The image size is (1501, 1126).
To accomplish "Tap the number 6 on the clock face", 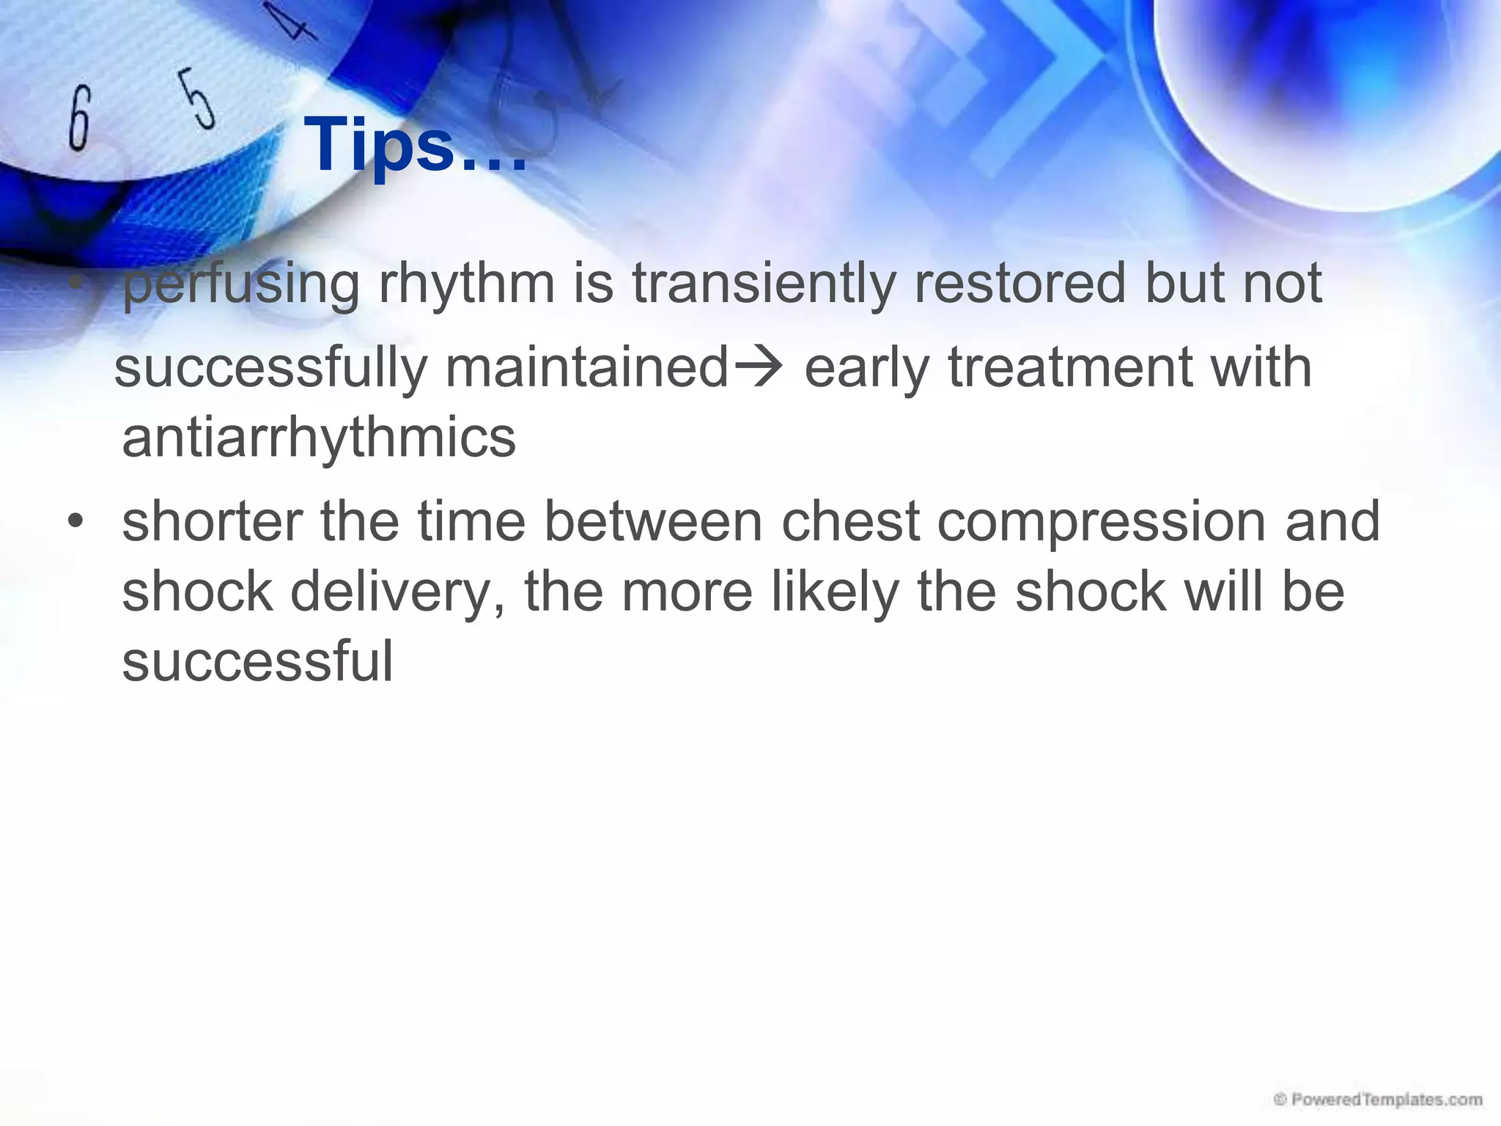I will [79, 118].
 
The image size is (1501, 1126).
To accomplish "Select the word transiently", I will [764, 284].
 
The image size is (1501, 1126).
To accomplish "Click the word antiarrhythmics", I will [319, 438].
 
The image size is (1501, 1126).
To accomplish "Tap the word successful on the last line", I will [257, 661].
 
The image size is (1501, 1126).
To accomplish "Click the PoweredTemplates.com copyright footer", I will [1378, 1099].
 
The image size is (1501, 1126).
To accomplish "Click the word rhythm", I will [466, 284].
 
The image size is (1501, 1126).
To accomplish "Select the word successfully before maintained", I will [270, 367].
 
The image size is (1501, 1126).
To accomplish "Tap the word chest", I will [850, 522].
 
